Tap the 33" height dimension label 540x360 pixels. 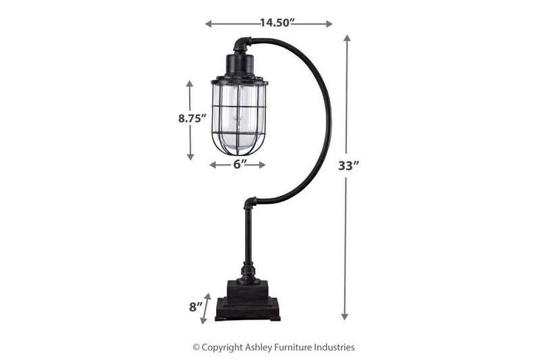[x=348, y=166]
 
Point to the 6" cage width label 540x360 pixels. [x=238, y=164]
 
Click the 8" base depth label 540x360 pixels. [x=196, y=307]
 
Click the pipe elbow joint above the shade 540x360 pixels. [x=242, y=45]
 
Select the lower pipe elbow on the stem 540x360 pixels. [x=250, y=203]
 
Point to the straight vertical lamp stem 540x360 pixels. [x=248, y=236]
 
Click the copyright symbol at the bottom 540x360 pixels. [x=196, y=347]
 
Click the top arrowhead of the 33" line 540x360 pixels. [x=347, y=38]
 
